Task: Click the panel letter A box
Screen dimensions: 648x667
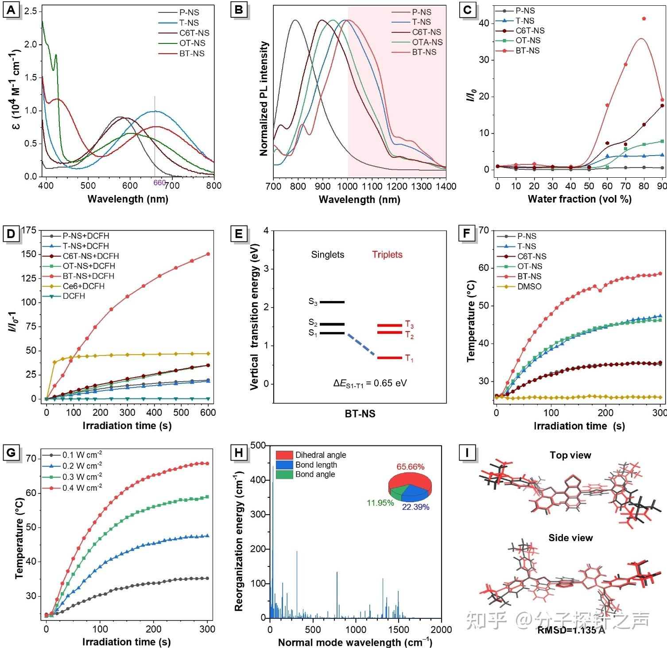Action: coord(12,10)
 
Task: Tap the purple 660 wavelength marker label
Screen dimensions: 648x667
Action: coord(159,183)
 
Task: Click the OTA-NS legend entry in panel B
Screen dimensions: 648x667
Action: coord(427,42)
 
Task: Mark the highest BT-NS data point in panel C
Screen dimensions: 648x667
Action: coord(644,19)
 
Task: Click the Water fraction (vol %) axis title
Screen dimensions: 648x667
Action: coord(579,199)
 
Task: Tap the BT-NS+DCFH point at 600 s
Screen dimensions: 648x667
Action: coord(208,254)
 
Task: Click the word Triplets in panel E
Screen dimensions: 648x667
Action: coord(387,255)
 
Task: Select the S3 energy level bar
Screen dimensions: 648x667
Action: coord(332,302)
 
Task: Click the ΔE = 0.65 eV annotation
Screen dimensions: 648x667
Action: coord(370,383)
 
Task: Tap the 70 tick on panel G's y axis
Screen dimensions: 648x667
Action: coord(31,459)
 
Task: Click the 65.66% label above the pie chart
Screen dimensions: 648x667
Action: coord(410,467)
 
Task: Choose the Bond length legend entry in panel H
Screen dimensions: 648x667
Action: coord(316,465)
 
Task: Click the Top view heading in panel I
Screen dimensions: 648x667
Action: coord(570,455)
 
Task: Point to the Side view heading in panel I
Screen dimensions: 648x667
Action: coord(570,538)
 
